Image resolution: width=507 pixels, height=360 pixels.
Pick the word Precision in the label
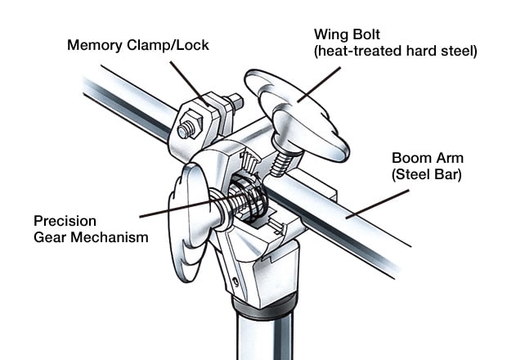click(x=65, y=221)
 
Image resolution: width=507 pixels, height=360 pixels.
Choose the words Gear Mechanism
click(x=91, y=237)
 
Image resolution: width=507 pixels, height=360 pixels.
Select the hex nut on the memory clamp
click(x=186, y=129)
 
